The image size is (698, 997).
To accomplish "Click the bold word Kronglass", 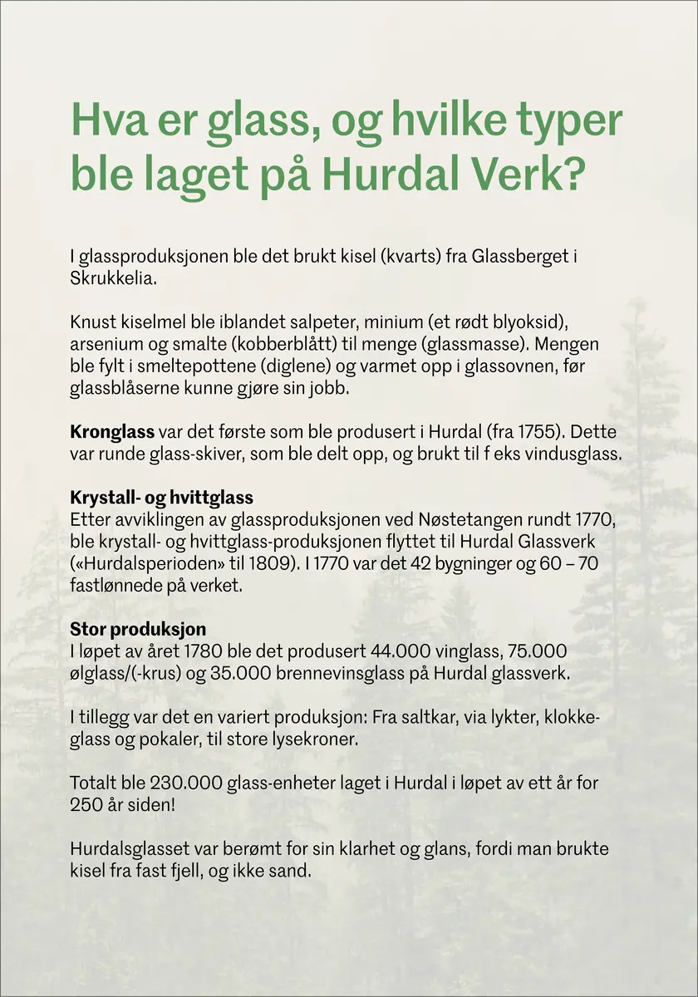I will [112, 433].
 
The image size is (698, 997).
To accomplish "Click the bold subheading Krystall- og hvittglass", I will [161, 498].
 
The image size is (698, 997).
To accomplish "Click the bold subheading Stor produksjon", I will [138, 629].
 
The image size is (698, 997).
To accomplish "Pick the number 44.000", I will [376, 651].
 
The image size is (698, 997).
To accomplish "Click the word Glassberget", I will [519, 257].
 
